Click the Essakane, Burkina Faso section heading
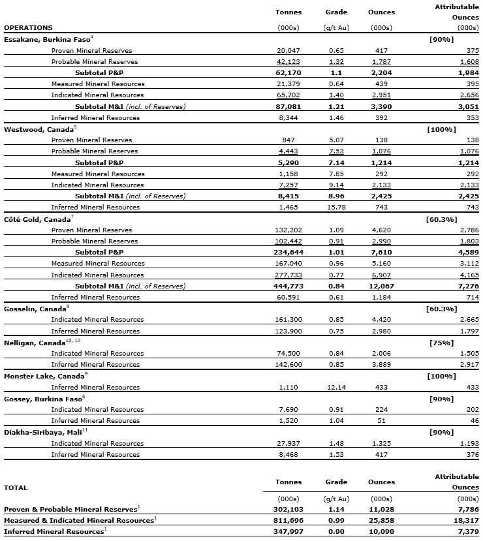pos(47,39)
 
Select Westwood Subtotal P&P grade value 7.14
pos(335,162)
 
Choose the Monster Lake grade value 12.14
pos(335,387)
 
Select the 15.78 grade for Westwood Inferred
pos(335,207)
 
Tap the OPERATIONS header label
pos(28,27)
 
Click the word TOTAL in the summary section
pos(16,487)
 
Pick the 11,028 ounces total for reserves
pos(379,508)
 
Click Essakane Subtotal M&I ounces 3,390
pos(379,106)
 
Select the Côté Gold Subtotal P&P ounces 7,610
pos(379,252)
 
